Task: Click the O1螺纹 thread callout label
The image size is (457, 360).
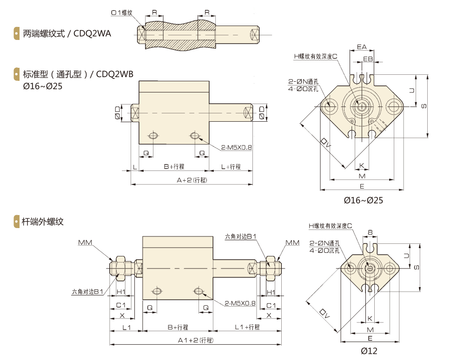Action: [x=122, y=13]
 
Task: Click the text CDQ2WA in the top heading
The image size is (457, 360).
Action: [x=93, y=33]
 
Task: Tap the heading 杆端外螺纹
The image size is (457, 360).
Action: [x=43, y=222]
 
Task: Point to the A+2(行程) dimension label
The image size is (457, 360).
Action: [x=192, y=180]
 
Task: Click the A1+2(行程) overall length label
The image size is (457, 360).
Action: [x=195, y=340]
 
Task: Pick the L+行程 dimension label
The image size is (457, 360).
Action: [x=231, y=167]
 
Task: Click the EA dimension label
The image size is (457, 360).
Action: [x=362, y=47]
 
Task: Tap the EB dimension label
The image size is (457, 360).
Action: [x=368, y=59]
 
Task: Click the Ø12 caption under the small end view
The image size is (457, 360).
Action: [x=369, y=351]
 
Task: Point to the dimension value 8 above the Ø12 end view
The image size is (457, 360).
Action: [x=370, y=232]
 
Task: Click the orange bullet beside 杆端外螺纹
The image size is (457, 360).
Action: [x=17, y=222]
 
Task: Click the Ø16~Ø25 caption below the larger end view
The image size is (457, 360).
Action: [x=363, y=201]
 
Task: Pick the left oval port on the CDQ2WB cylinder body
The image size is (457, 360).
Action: [x=153, y=136]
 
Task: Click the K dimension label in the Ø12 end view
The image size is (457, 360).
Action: [x=370, y=318]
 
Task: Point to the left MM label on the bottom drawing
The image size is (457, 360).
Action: [x=85, y=242]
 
